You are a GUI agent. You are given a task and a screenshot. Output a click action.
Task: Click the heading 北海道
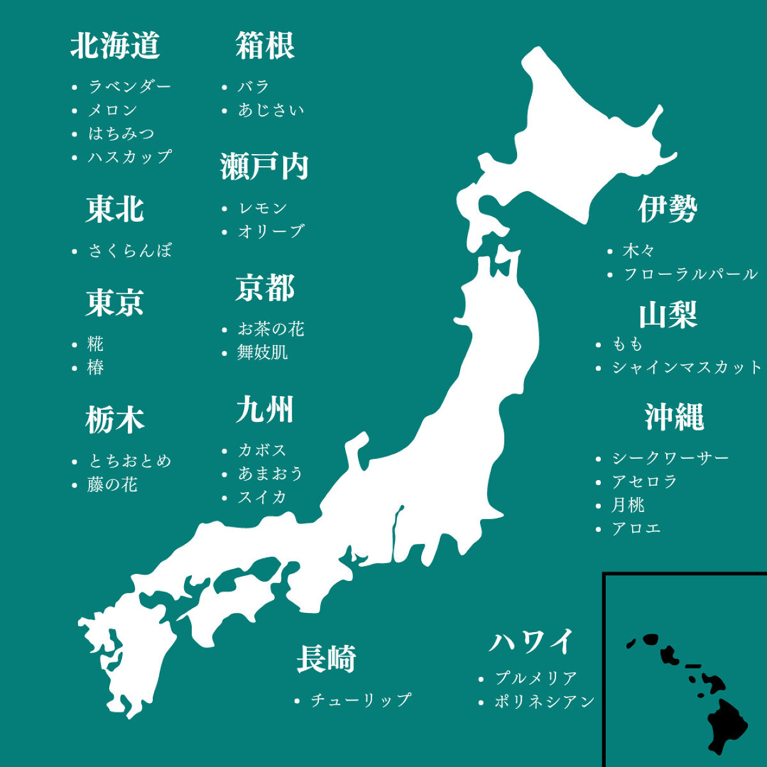click(x=115, y=46)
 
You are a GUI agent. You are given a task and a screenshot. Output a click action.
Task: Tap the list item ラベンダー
click(x=130, y=86)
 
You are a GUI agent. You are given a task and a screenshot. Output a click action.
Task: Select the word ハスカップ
click(x=130, y=157)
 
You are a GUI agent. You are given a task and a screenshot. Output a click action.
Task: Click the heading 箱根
click(x=265, y=46)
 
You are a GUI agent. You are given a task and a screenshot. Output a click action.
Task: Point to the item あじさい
click(x=271, y=110)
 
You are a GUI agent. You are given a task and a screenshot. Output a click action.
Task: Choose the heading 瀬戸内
click(x=265, y=167)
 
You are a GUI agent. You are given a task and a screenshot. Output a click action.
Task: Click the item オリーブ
click(x=271, y=231)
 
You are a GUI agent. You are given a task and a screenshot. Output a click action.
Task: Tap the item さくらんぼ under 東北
click(x=130, y=251)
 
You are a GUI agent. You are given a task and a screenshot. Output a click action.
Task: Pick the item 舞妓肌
click(x=263, y=352)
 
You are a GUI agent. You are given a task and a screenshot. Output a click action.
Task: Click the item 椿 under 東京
click(x=96, y=368)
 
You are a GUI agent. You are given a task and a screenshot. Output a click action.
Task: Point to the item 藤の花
click(x=112, y=484)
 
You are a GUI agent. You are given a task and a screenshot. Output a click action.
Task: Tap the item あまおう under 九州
click(x=270, y=474)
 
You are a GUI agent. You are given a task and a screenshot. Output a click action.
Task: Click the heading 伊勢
click(x=667, y=209)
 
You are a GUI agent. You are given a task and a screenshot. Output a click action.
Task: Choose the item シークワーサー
click(x=670, y=458)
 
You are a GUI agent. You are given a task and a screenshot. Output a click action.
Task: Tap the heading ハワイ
click(x=532, y=642)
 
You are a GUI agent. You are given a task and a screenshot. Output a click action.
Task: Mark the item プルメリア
click(x=536, y=678)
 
